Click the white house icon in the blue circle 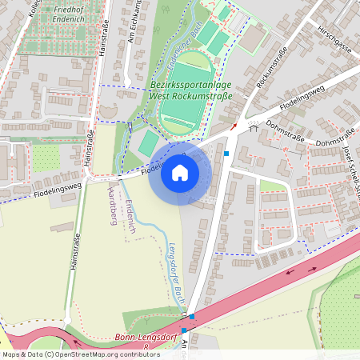180,173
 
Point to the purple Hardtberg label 112,203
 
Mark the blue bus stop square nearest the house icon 226,153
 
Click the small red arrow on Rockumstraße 234,126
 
